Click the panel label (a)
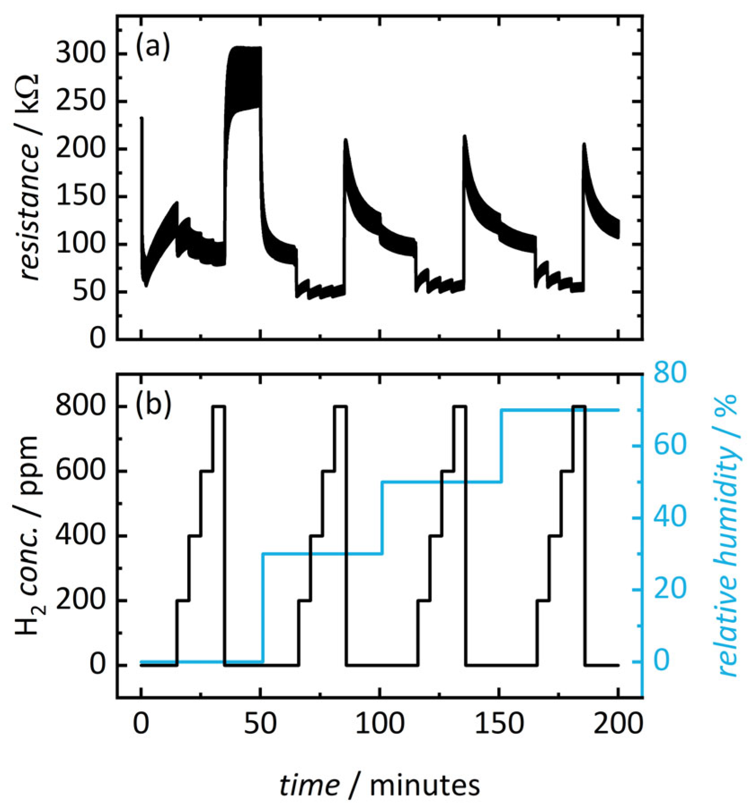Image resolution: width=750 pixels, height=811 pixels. [153, 47]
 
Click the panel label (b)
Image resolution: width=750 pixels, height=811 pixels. [153, 405]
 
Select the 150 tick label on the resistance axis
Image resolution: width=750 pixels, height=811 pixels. [80, 197]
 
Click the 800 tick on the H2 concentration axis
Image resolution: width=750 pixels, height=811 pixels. [80, 406]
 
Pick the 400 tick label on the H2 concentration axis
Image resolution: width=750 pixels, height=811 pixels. [80, 536]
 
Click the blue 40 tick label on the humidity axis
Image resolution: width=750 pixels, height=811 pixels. [670, 517]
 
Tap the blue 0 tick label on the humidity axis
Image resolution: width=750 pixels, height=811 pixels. [661, 661]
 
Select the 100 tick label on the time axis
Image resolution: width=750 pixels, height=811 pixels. [379, 724]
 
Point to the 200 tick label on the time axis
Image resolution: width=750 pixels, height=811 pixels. [618, 724]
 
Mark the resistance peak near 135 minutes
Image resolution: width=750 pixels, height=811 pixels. [465, 137]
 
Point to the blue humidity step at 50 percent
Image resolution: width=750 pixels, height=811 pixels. [440, 482]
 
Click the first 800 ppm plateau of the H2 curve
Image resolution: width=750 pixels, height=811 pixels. [219, 406]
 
